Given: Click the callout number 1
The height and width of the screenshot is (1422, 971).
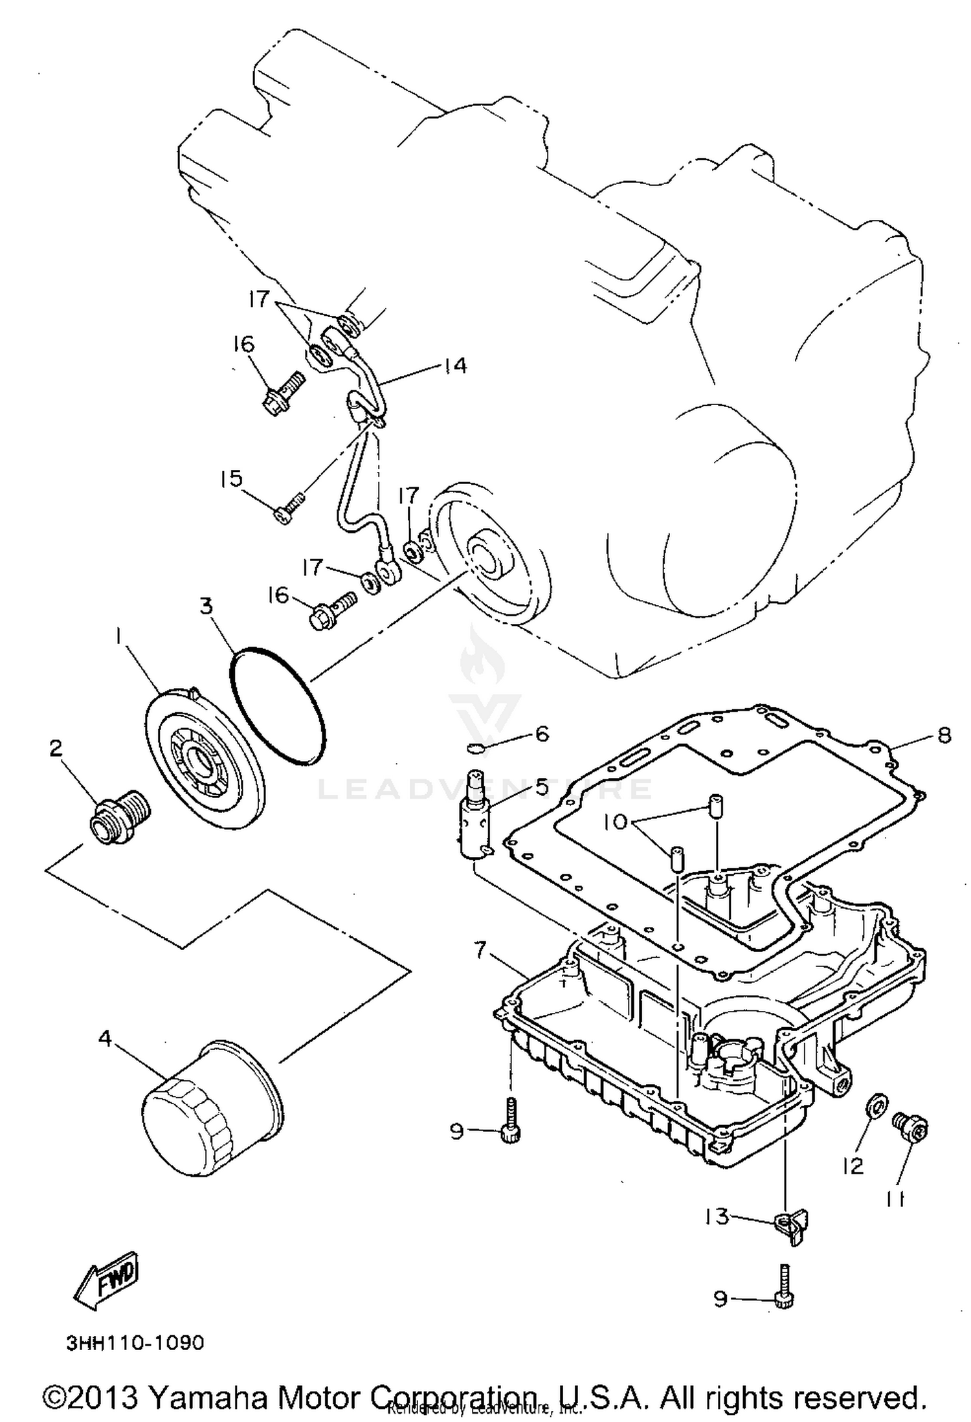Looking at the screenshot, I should [119, 638].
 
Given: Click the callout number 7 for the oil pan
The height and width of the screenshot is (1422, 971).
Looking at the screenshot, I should [480, 950].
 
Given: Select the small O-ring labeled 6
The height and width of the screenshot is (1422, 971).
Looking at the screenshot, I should [476, 750].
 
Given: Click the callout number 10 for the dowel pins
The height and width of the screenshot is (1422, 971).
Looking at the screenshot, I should [615, 822].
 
